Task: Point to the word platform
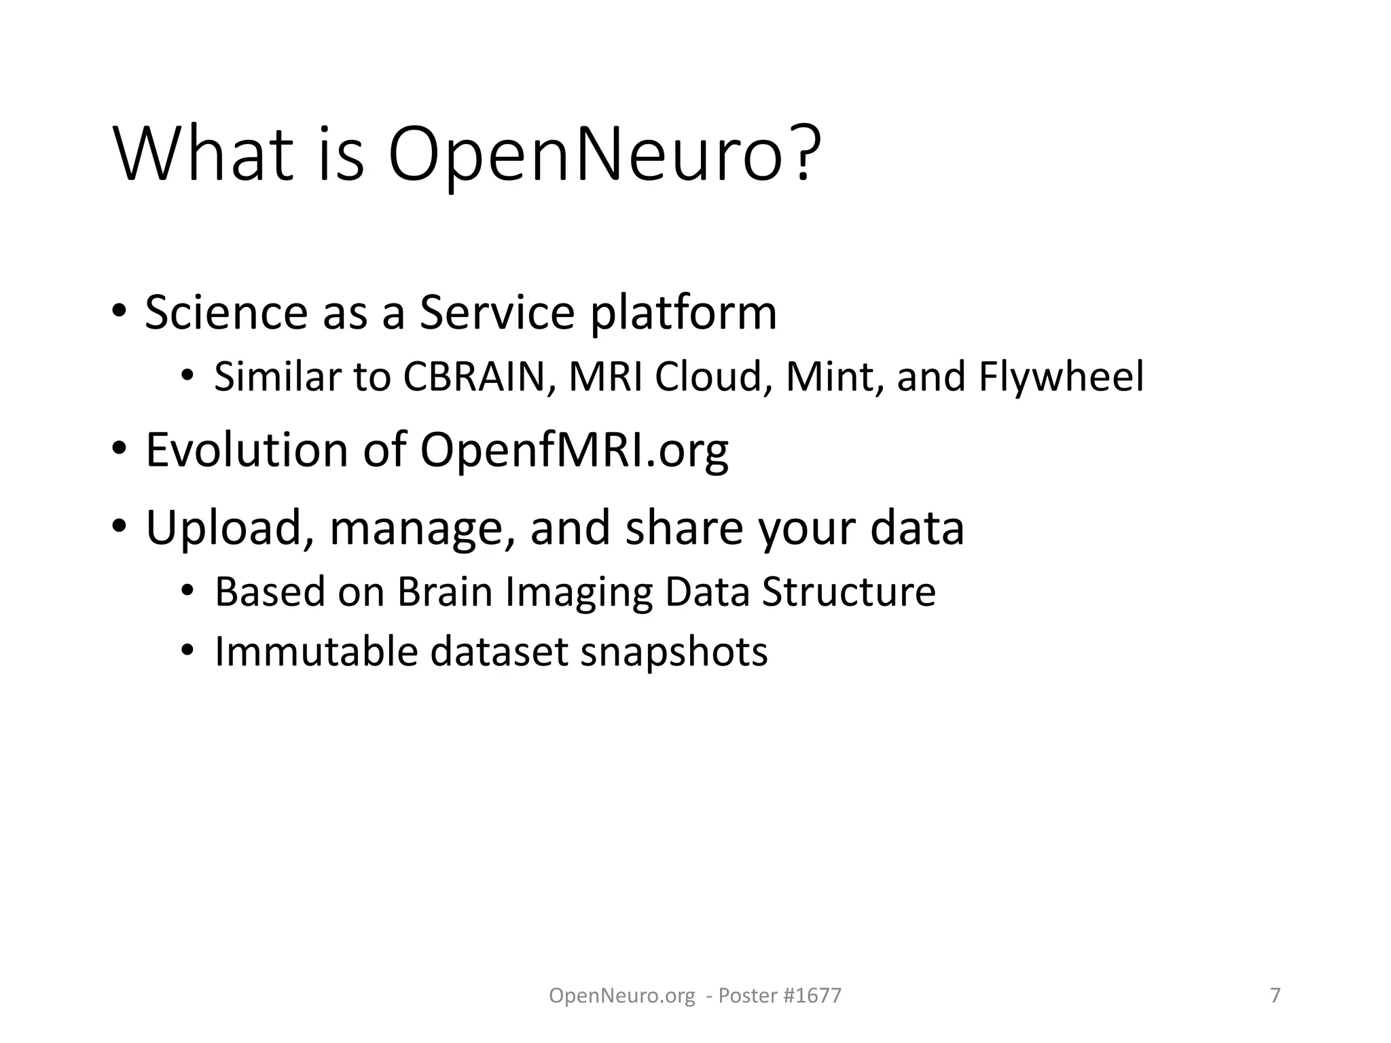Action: click(683, 314)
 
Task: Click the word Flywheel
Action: click(1061, 378)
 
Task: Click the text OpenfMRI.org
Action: click(575, 451)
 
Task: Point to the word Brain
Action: click(445, 591)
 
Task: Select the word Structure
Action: click(848, 591)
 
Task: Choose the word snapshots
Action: click(674, 653)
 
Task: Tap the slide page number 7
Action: click(1276, 995)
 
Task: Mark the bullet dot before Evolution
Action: click(120, 449)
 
